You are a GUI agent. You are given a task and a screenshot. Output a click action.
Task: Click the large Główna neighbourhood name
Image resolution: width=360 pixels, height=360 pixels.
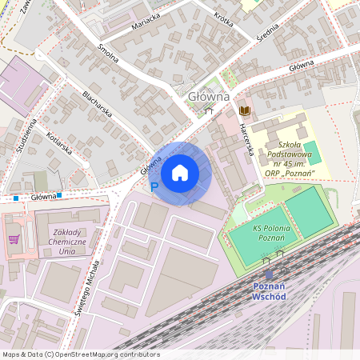tap(209, 96)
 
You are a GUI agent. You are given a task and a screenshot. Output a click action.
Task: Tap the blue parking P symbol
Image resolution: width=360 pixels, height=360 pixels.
tap(154, 186)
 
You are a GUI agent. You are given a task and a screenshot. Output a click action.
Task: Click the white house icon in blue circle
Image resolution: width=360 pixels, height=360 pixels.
tap(180, 173)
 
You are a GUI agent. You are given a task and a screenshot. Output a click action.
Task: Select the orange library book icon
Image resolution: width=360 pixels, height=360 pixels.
tap(245, 110)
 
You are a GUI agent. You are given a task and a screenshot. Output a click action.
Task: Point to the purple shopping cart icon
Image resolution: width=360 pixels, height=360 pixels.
tap(14, 238)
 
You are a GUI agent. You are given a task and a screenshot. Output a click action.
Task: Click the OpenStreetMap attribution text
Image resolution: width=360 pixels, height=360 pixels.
tap(80, 354)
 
